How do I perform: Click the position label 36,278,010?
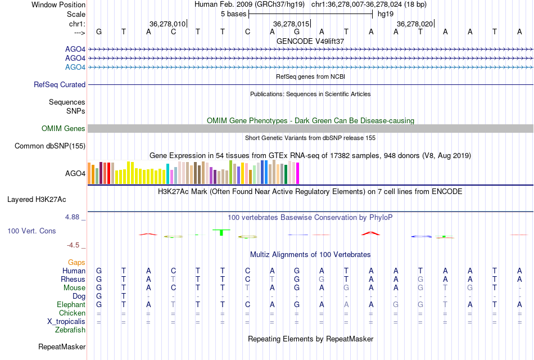point(168,24)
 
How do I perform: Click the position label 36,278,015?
point(291,24)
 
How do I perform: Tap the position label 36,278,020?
point(415,24)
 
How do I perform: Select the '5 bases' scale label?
point(233,13)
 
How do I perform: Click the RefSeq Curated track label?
point(60,84)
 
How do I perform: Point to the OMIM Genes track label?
point(64,129)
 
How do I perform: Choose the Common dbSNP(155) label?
point(50,146)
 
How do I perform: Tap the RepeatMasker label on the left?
point(62,346)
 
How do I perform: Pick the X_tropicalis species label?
point(66,321)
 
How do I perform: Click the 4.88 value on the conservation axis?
point(75,217)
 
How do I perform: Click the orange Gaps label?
point(76,262)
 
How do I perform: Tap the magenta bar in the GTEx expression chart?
point(297,173)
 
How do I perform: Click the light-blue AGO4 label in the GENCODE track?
point(75,67)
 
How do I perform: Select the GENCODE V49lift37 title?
point(310,41)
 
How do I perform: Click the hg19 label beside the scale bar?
point(386,13)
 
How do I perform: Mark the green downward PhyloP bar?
point(221,232)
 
